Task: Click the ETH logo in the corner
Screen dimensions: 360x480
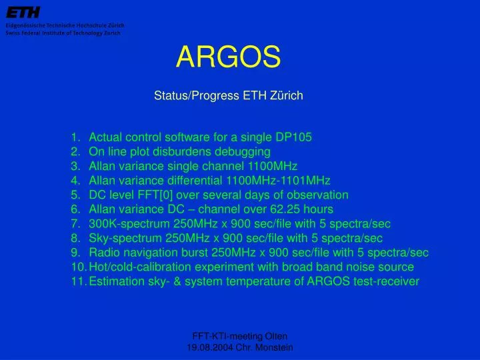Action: pos(23,12)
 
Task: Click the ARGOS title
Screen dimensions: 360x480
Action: pos(228,58)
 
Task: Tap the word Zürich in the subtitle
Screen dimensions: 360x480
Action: pos(287,95)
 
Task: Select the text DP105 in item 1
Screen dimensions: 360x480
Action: pos(293,137)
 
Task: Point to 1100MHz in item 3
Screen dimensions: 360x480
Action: pos(272,166)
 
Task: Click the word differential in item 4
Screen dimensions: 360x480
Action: pos(193,181)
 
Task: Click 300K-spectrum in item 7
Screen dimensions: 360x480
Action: pos(122,223)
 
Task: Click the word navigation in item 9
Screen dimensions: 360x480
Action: pos(149,253)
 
